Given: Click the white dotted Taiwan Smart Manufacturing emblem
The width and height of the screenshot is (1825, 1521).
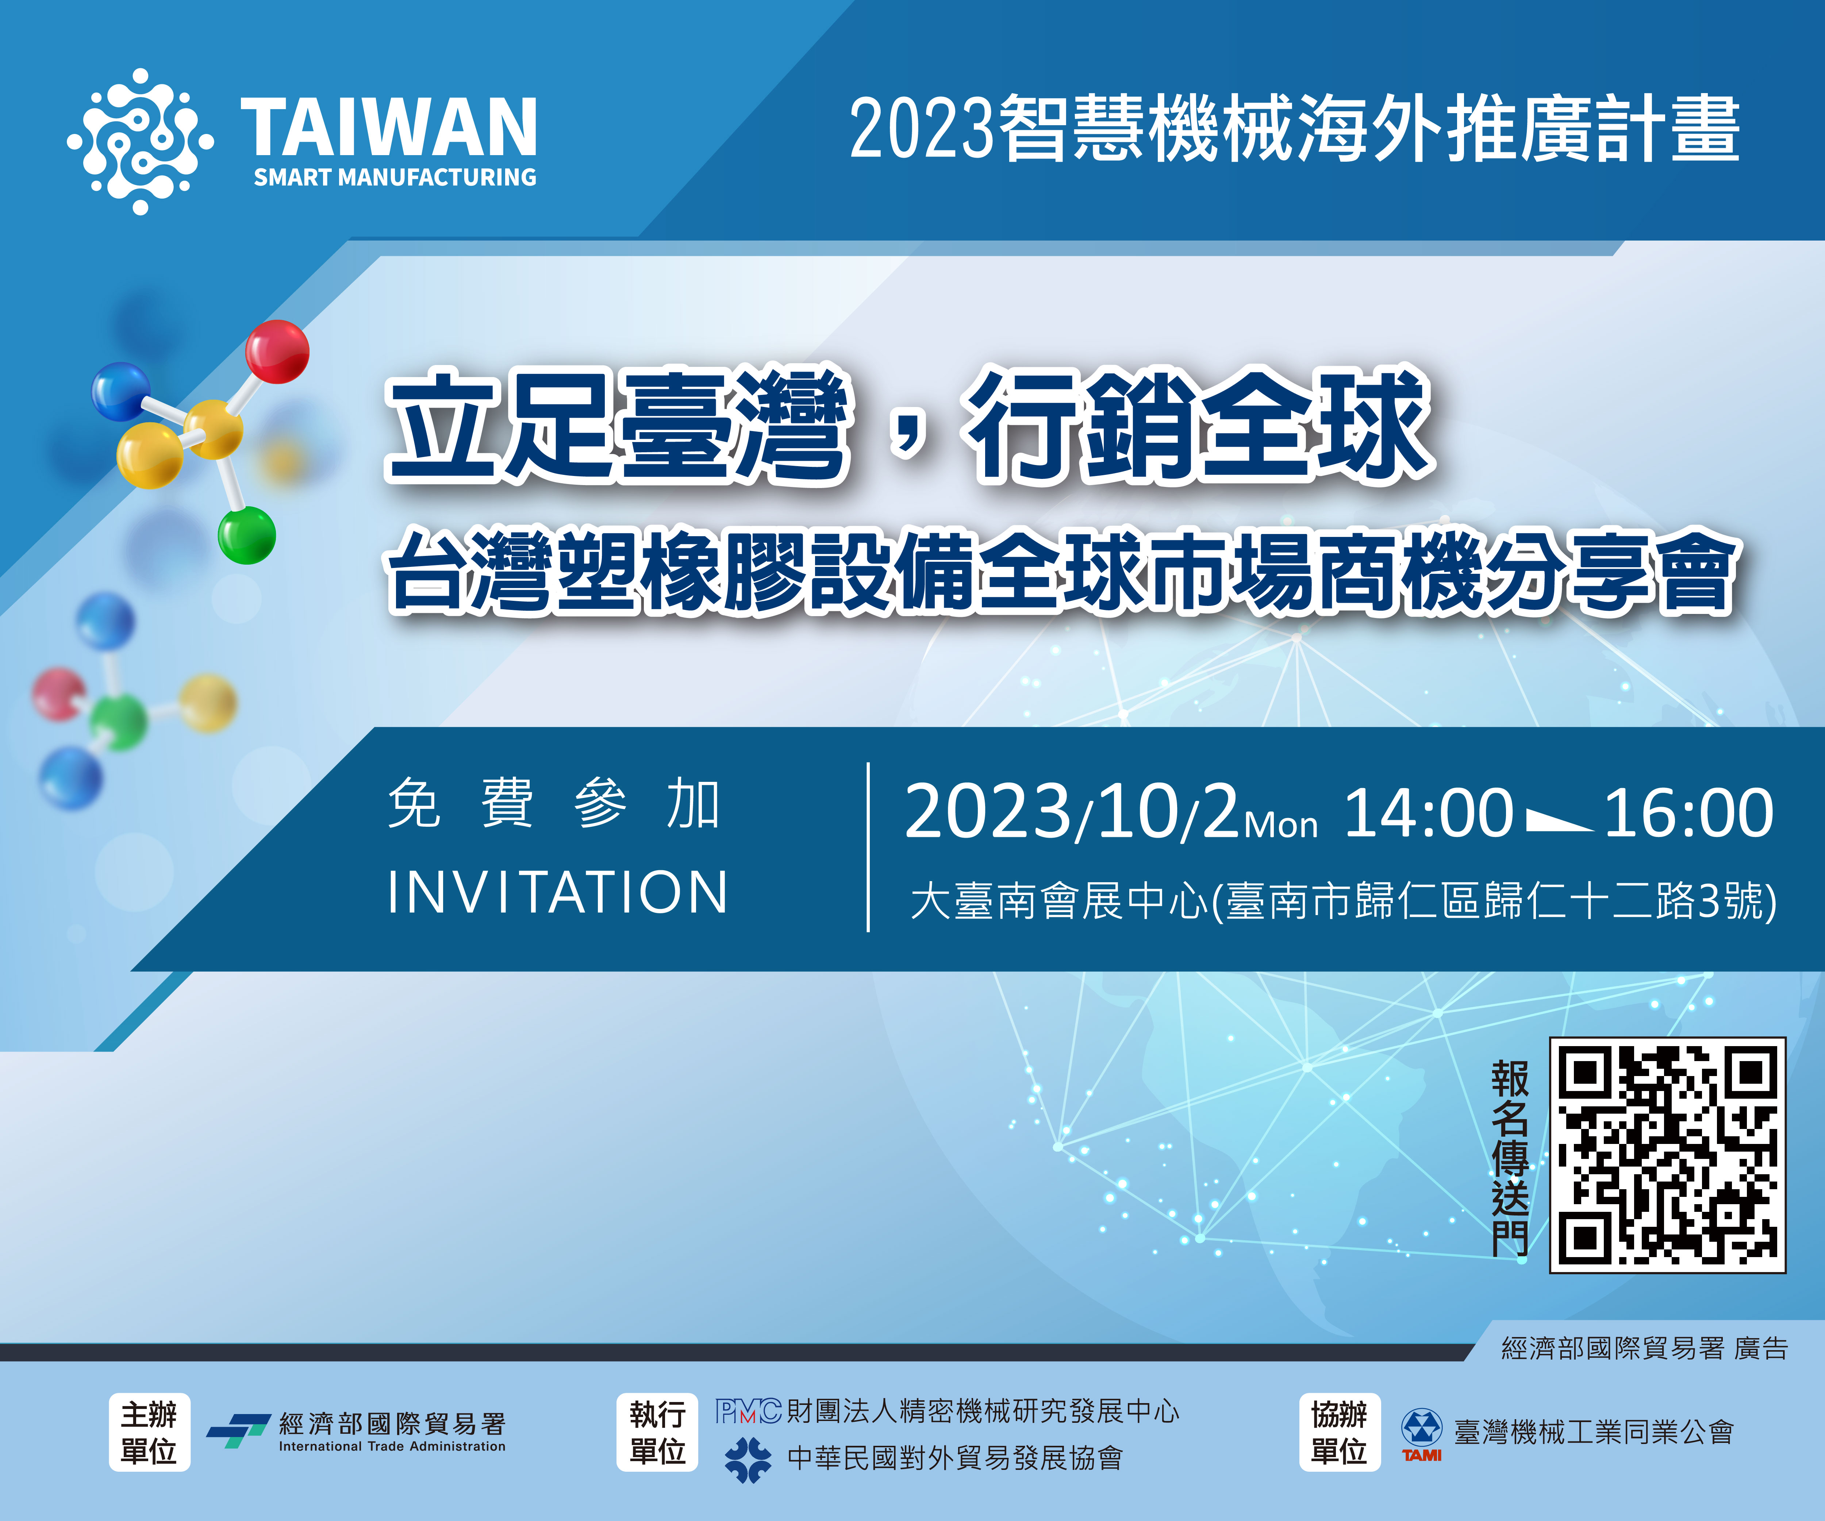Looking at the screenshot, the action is [x=140, y=141].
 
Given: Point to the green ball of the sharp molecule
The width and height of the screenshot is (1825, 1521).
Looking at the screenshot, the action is [x=247, y=535].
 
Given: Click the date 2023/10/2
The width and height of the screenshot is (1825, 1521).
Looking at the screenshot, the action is [x=1072, y=812].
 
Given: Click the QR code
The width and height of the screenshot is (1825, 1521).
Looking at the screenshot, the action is [x=1668, y=1155].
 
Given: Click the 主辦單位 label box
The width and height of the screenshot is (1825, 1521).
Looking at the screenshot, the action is [x=150, y=1432].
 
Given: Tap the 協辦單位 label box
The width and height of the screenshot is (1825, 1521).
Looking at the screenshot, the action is [x=1339, y=1432].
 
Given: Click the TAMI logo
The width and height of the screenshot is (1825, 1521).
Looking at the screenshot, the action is [x=1422, y=1435].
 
